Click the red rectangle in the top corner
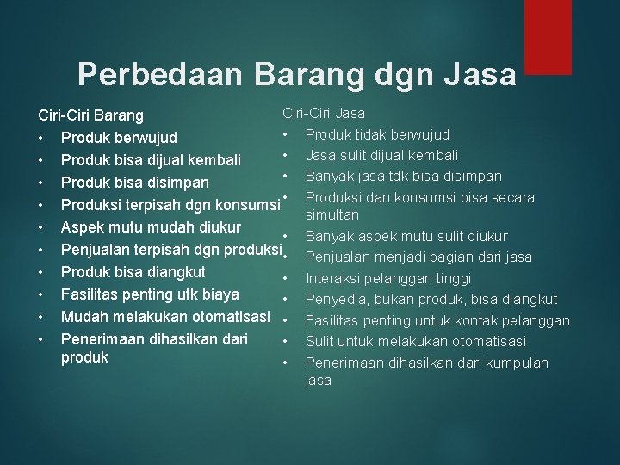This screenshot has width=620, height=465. click(548, 36)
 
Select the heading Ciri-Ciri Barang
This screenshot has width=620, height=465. click(90, 115)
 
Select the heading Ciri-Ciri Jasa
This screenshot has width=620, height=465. click(324, 113)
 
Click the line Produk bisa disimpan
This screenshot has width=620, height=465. click(135, 183)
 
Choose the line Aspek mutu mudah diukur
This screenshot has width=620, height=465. click(151, 227)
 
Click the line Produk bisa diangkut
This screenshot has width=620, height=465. click(133, 272)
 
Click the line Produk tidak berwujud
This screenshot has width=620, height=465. click(377, 134)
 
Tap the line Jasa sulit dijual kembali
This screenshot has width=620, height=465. click(381, 155)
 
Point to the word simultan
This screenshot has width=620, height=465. click(332, 214)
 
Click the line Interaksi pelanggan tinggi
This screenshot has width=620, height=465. click(388, 278)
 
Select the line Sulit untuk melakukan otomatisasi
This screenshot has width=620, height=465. click(404, 341)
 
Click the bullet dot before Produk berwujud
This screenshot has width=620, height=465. click(40, 138)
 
